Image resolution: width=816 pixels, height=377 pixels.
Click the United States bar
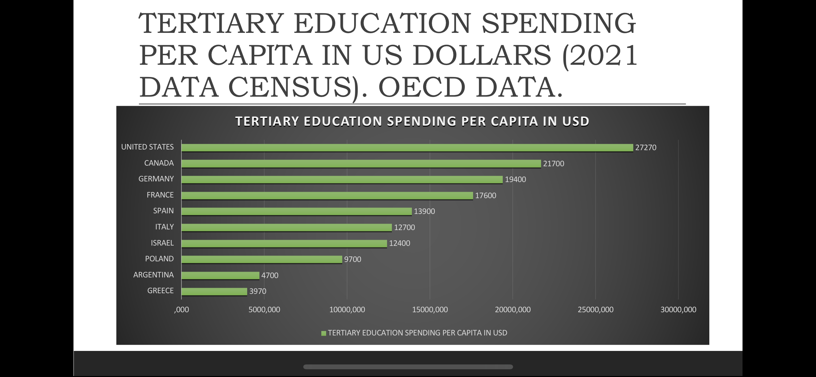407,148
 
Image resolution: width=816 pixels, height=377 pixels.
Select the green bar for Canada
361,163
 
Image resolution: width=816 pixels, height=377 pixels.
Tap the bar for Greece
214,291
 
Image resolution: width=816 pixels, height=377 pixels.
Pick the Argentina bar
220,275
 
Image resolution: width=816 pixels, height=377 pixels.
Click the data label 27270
646,148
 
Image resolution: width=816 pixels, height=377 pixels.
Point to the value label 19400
515,179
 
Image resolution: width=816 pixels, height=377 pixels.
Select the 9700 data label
353,259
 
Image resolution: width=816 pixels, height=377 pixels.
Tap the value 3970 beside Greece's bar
258,291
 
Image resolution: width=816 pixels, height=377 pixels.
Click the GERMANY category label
156,179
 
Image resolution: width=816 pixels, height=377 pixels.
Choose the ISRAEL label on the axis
162,243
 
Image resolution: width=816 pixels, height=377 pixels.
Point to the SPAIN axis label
163,211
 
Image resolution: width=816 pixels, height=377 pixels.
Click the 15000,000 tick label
430,310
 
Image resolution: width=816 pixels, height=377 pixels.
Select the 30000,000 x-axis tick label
678,310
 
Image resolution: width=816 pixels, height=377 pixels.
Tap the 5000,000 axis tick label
264,310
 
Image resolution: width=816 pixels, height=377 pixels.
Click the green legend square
324,333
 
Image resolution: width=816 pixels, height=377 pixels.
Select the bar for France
327,195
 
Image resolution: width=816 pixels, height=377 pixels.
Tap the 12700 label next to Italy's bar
404,227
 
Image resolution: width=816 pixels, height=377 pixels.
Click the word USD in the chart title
576,121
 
